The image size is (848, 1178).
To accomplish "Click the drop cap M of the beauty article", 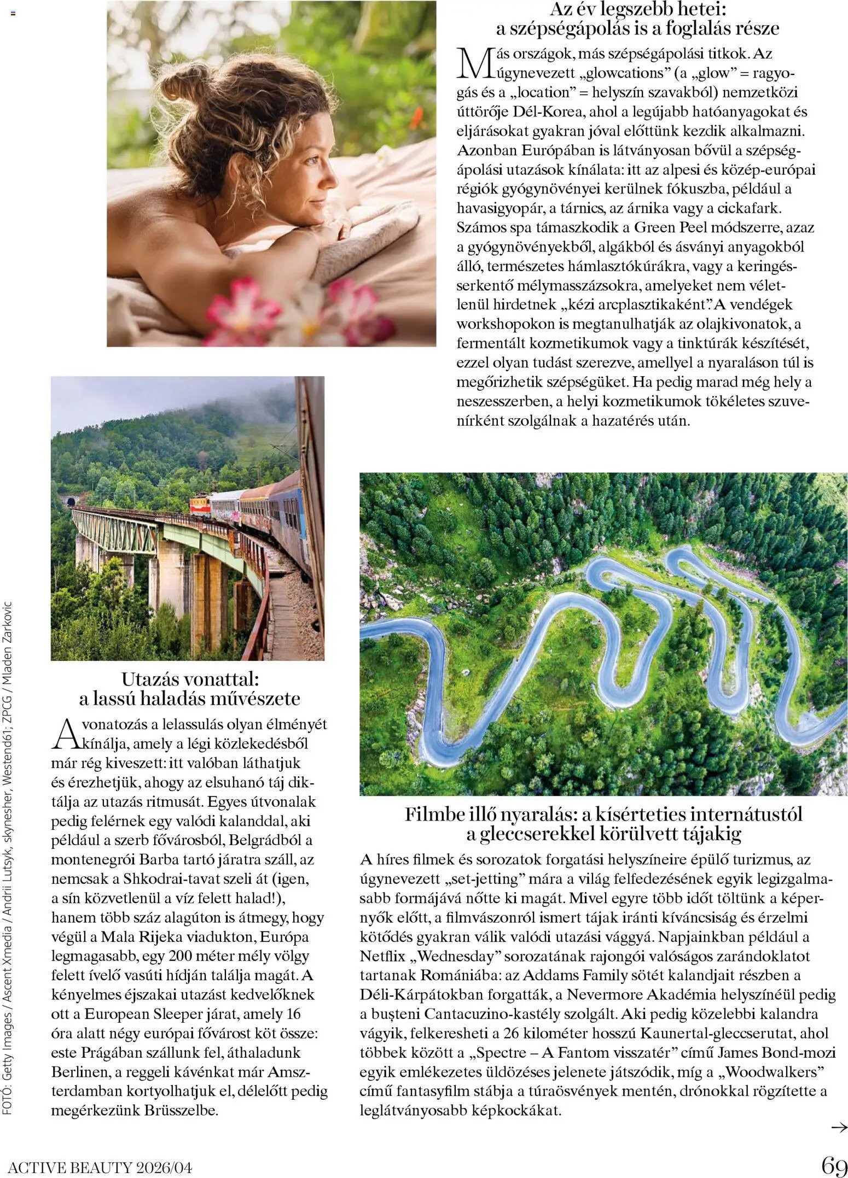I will pos(475,63).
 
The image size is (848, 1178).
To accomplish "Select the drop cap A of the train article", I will pos(65,734).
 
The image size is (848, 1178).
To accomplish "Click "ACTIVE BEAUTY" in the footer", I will pos(69,1168).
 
